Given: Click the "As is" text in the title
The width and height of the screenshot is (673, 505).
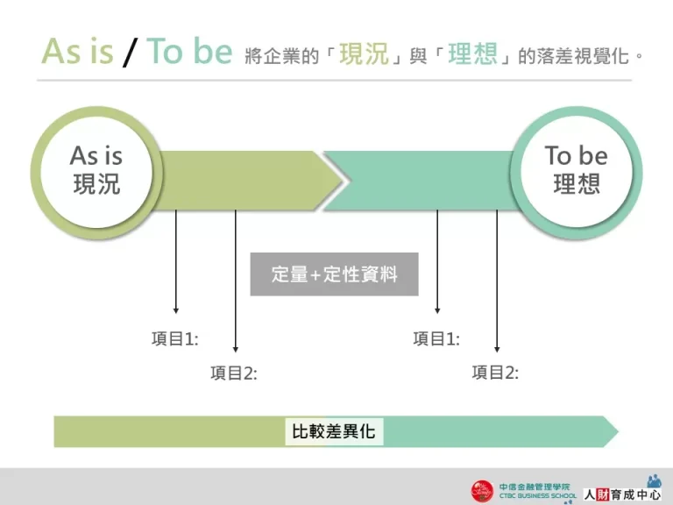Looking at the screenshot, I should (78, 52).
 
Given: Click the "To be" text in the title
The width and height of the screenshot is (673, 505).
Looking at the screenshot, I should (189, 52).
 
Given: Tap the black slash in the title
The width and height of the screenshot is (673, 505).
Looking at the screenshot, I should (131, 53).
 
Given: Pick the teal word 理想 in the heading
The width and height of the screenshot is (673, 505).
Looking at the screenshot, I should (472, 53).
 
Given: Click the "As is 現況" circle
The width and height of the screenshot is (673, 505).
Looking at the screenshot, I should (96, 171).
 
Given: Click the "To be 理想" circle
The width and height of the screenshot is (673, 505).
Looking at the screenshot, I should (576, 171).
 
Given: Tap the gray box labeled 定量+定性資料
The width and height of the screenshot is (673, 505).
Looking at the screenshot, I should (334, 274).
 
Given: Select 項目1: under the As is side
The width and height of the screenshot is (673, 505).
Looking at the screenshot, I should (175, 339).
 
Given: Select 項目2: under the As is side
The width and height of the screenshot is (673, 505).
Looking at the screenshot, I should (234, 373).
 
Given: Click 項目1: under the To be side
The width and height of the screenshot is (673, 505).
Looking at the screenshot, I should (436, 339).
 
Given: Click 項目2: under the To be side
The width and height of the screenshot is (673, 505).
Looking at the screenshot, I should (495, 373).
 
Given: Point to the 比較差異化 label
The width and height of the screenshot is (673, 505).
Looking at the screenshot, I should (334, 431).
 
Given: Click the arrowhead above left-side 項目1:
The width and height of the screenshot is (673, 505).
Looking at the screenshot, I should (176, 309).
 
